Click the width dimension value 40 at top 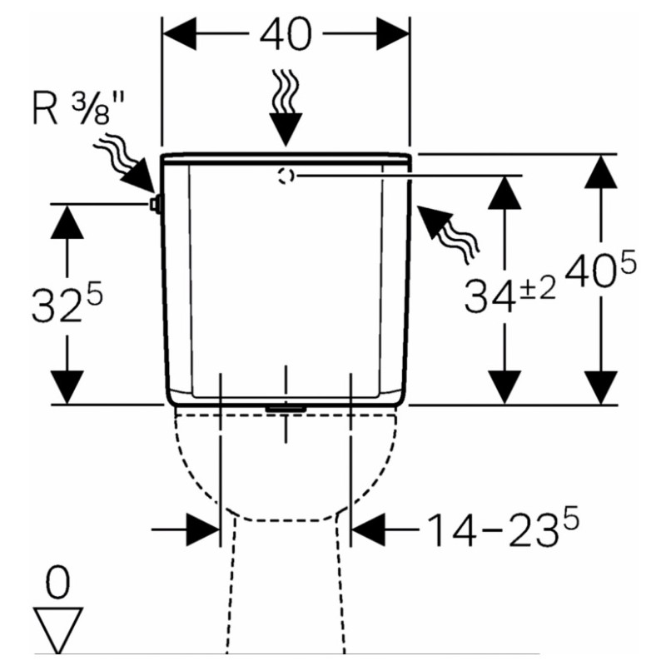(286, 34)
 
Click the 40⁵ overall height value (600, 268)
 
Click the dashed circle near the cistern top (286, 176)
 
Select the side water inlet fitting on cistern (155, 204)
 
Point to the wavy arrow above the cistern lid (286, 108)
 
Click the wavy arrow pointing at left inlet (124, 164)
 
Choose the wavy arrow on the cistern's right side (447, 234)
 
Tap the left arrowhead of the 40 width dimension (179, 34)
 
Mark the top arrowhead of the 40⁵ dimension (600, 171)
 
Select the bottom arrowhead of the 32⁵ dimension (67, 387)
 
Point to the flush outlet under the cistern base (286, 408)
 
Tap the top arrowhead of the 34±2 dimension (504, 192)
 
